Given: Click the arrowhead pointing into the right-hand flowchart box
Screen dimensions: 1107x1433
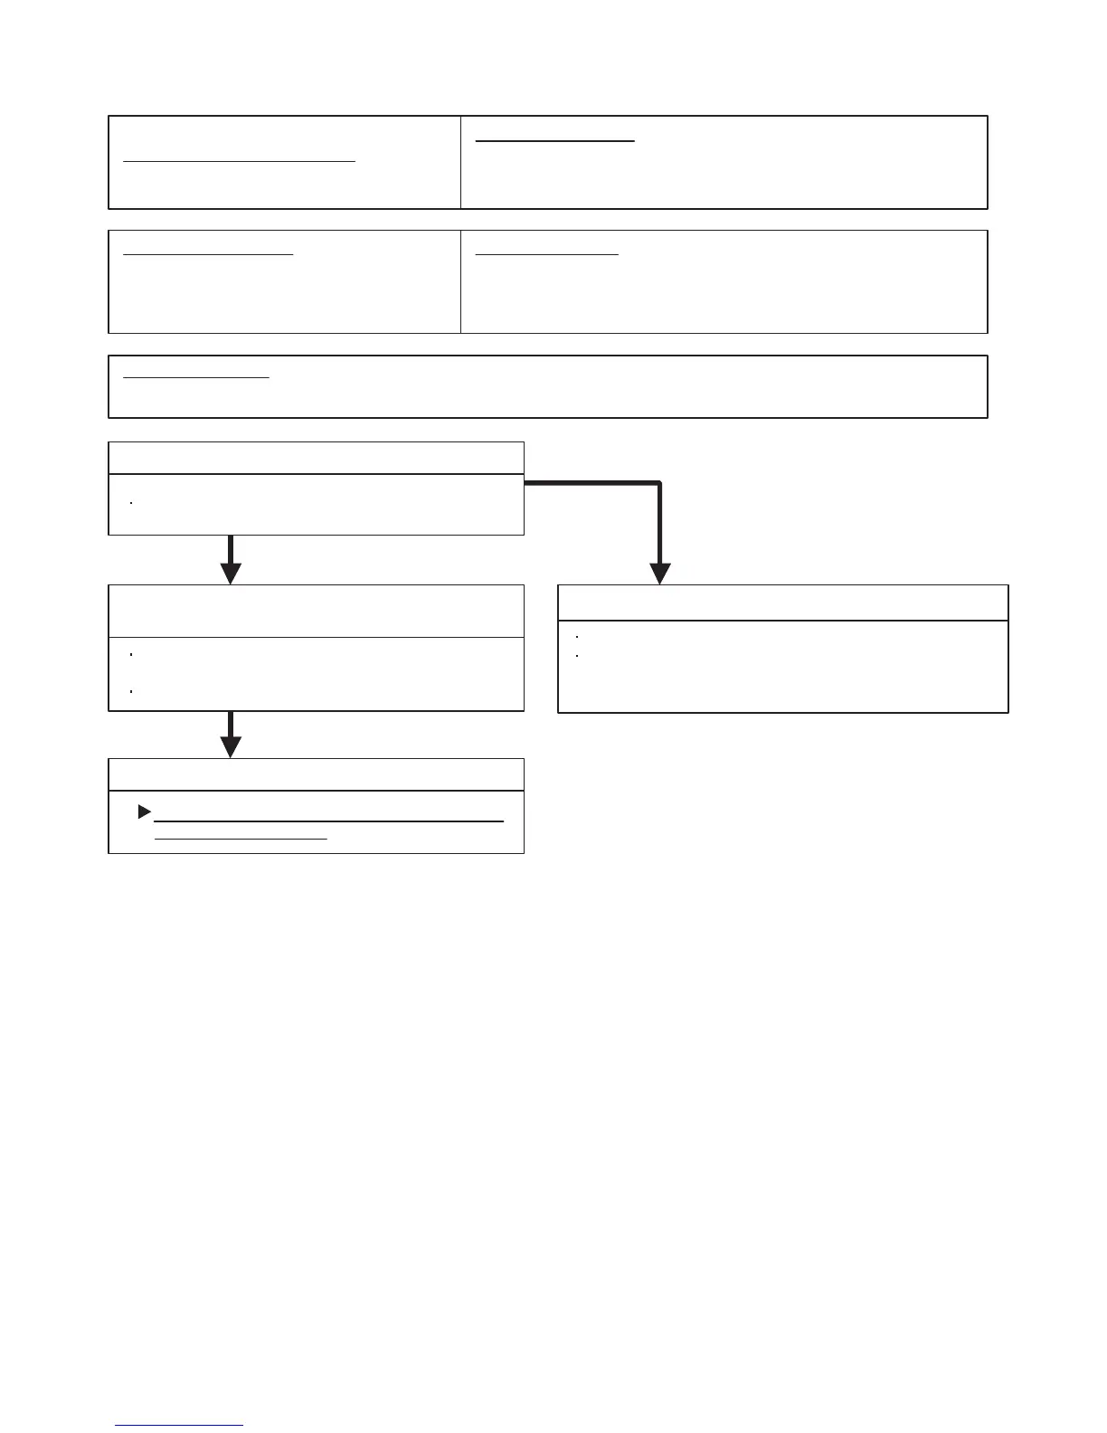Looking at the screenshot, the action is [660, 574].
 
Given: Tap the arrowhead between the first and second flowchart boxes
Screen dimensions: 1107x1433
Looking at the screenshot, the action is [232, 574].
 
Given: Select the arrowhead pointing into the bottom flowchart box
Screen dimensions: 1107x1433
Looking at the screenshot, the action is [232, 746].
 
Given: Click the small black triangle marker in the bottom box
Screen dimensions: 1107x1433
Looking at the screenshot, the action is [144, 812].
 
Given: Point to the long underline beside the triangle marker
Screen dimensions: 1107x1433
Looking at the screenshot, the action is [328, 821].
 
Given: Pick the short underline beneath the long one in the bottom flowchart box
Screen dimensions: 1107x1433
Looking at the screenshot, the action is [241, 839].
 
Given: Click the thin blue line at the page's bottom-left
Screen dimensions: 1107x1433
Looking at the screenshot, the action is [179, 1426].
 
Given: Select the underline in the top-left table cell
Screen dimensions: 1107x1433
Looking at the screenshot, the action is [240, 161].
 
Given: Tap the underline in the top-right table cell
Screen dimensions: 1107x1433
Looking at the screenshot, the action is [555, 141].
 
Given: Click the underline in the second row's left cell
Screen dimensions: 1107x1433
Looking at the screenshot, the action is [208, 255].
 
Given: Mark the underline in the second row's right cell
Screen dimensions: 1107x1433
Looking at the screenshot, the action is [546, 255].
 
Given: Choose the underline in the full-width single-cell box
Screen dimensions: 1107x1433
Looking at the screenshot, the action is [196, 377].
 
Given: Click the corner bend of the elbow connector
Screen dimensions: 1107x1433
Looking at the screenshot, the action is [660, 484].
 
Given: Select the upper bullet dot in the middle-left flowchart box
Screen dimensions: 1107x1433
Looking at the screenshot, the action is [132, 653].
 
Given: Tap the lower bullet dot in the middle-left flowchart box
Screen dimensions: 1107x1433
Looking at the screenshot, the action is [132, 691].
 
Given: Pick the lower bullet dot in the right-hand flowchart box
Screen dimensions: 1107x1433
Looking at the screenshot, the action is [577, 655].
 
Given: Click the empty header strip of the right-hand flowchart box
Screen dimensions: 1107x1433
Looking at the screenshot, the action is [783, 603].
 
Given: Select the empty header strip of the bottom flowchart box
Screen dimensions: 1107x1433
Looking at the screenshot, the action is [316, 775].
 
